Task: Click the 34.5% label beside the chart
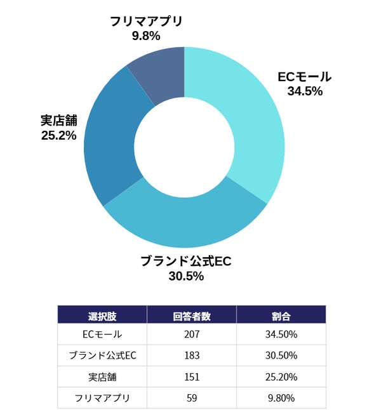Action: (x=305, y=91)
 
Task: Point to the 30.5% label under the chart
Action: (x=186, y=276)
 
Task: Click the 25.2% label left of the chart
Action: (x=58, y=135)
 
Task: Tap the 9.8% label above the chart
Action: (x=146, y=36)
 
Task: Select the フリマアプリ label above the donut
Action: (x=146, y=21)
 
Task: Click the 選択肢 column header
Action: (x=102, y=315)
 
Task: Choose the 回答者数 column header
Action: (x=192, y=315)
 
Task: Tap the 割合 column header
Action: (x=281, y=315)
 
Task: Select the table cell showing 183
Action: (x=192, y=355)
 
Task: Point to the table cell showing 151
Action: (x=192, y=377)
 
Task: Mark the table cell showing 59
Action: (x=192, y=398)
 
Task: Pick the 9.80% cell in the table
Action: (x=281, y=398)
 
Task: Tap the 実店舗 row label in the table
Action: (x=102, y=377)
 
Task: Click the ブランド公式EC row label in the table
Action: (x=102, y=355)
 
